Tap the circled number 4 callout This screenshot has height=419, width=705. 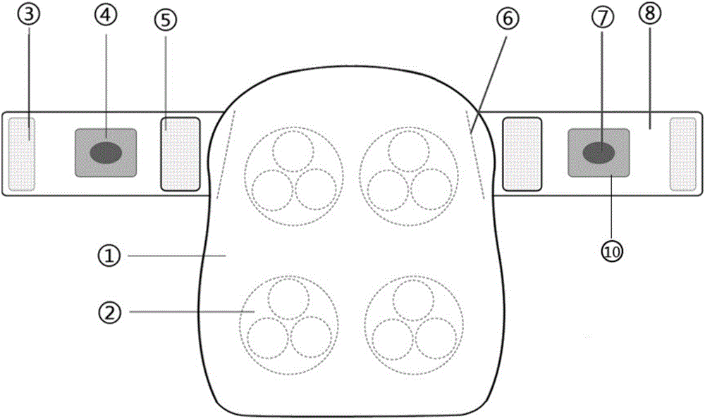(x=106, y=14)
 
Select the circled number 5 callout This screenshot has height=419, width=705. (x=166, y=20)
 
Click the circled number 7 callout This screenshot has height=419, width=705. (x=603, y=18)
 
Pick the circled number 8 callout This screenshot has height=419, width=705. (x=650, y=13)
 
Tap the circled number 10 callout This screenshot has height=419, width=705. (x=612, y=252)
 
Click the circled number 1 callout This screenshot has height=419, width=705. (x=109, y=256)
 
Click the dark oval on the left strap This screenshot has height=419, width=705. (x=106, y=153)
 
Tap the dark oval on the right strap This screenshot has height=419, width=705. (x=599, y=153)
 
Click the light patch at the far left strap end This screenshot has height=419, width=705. (x=22, y=154)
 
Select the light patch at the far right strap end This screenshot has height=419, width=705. (x=683, y=154)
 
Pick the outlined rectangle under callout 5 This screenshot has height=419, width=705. (x=180, y=154)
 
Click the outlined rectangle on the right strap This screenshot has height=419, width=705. (x=522, y=154)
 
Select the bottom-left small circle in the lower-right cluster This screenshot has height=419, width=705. (x=393, y=339)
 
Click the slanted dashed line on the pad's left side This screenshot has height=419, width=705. (x=226, y=154)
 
